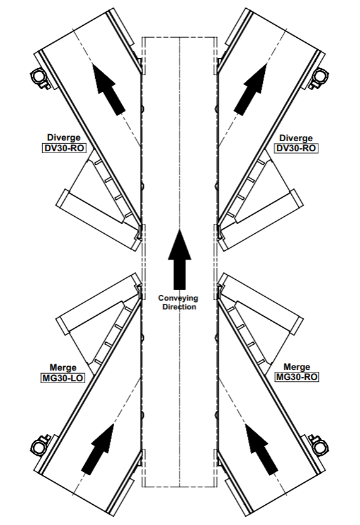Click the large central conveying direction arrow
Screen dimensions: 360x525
click(x=180, y=260)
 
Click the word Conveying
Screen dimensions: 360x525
click(x=178, y=298)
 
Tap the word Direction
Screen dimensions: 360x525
click(x=179, y=307)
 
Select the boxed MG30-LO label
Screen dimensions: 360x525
click(x=62, y=378)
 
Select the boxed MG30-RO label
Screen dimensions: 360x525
click(x=297, y=377)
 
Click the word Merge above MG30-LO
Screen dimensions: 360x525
click(x=63, y=367)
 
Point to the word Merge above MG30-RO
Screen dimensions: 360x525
click(x=297, y=367)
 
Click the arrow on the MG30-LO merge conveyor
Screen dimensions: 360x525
click(x=98, y=449)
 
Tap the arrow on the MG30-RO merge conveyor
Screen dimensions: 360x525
click(x=261, y=449)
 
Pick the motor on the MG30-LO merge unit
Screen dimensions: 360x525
click(x=40, y=444)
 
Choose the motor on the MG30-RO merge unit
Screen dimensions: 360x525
click(x=319, y=444)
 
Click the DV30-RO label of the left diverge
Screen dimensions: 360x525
click(x=64, y=148)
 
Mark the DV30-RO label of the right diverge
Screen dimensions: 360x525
click(x=296, y=148)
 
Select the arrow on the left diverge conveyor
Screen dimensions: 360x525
click(x=108, y=89)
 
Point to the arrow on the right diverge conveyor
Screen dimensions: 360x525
click(x=250, y=89)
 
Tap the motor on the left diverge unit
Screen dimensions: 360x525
click(x=40, y=78)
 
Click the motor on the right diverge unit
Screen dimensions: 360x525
click(x=319, y=79)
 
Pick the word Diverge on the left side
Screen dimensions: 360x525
click(x=64, y=137)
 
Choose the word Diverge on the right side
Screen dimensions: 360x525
click(x=296, y=138)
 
